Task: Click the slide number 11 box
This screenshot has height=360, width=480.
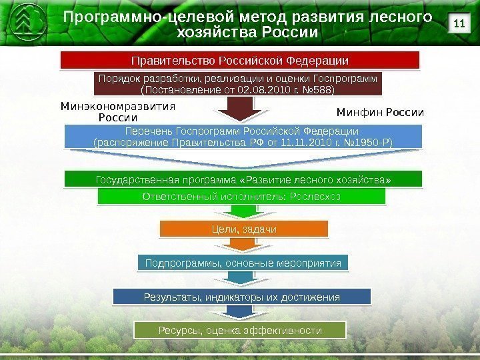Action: (458, 25)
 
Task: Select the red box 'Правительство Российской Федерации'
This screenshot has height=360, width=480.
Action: (240, 61)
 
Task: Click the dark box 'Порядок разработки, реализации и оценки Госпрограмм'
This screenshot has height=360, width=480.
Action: (238, 83)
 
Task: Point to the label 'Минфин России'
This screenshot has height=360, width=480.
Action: (379, 111)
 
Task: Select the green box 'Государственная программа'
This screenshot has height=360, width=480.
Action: (243, 180)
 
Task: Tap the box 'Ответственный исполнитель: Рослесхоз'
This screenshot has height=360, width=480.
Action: (241, 197)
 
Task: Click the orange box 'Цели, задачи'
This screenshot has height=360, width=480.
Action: (243, 229)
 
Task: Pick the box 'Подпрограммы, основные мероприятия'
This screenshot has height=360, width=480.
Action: (243, 263)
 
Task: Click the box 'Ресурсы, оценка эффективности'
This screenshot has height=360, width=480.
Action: (240, 330)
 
